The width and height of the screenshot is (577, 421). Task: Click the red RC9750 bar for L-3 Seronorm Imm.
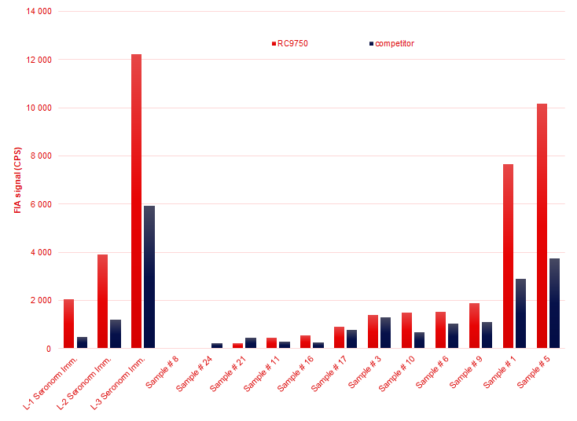pyautogui.click(x=136, y=201)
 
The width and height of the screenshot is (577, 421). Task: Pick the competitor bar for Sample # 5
pyautogui.click(x=555, y=303)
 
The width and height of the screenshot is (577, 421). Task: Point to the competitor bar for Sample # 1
pyautogui.click(x=521, y=313)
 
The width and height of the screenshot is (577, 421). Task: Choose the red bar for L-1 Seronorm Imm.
pyautogui.click(x=68, y=324)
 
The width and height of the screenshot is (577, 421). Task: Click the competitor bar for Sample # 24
pyautogui.click(x=217, y=346)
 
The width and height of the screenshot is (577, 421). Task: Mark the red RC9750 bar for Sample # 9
pyautogui.click(x=474, y=325)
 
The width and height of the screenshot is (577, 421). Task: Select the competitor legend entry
pyautogui.click(x=393, y=43)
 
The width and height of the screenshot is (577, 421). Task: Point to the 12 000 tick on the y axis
pyautogui.click(x=39, y=60)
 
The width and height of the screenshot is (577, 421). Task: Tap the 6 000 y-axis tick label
pyautogui.click(x=42, y=204)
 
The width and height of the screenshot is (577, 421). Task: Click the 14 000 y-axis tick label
pyautogui.click(x=39, y=12)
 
